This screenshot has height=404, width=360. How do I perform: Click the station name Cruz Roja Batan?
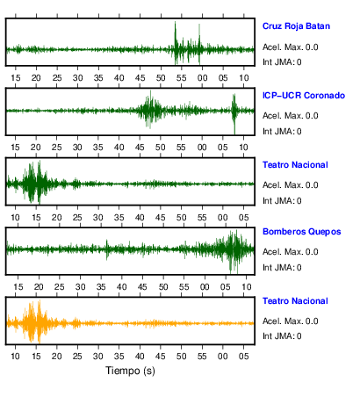click(x=296, y=26)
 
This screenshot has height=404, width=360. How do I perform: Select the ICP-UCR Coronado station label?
click(x=304, y=96)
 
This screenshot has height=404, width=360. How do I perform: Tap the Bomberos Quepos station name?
click(x=302, y=232)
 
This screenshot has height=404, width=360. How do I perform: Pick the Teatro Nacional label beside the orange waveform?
click(x=295, y=301)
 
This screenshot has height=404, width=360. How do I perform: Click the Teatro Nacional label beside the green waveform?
click(x=295, y=165)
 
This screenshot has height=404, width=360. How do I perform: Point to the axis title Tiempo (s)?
click(x=130, y=371)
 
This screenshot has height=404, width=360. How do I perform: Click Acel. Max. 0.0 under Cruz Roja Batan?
click(x=291, y=47)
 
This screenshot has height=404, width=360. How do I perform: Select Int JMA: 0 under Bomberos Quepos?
click(x=282, y=268)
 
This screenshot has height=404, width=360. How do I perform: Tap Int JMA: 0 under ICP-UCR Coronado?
click(x=282, y=132)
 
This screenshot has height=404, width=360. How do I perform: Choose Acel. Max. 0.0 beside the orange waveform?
click(x=291, y=321)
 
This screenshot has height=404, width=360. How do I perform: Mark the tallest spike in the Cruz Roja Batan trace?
click(x=175, y=22)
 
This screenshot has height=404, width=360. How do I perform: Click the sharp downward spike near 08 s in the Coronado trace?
click(x=234, y=133)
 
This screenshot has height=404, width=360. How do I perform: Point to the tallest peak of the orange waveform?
click(x=40, y=301)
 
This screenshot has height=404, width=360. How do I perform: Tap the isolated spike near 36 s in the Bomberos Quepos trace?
click(x=107, y=241)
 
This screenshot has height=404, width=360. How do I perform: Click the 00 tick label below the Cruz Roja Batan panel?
click(x=202, y=78)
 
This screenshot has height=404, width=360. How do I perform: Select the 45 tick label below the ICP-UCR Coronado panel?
click(x=140, y=148)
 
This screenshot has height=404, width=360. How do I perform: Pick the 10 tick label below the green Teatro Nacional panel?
click(x=15, y=218)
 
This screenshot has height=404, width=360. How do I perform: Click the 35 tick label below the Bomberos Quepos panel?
click(x=101, y=287)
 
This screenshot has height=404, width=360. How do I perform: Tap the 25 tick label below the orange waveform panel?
click(x=77, y=357)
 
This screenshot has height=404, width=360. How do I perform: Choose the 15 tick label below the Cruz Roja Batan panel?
click(x=16, y=78)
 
